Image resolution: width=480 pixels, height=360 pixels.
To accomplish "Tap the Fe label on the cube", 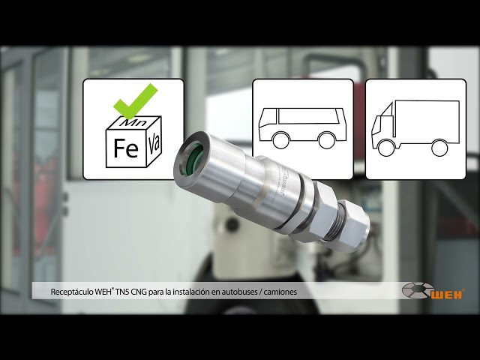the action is (x=126, y=148).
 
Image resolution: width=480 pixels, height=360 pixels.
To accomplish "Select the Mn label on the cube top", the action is (x=133, y=122).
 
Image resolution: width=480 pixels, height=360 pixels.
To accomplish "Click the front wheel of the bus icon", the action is (x=280, y=140).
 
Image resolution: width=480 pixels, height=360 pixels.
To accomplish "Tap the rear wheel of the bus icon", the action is (x=327, y=140).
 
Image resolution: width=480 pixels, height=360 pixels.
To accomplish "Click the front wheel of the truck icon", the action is (x=385, y=147).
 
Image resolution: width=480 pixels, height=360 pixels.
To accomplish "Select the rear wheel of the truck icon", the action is (x=439, y=147).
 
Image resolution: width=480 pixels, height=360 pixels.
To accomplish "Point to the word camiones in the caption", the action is (x=280, y=292).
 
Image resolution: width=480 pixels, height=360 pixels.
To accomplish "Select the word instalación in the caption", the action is (x=190, y=292).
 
